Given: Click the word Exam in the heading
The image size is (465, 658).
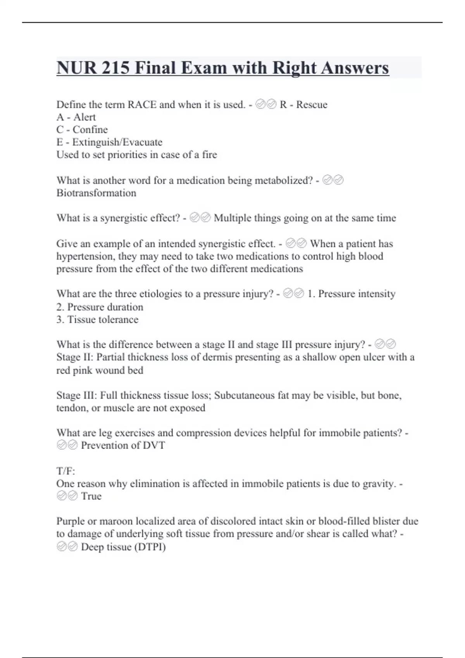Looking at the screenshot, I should (204, 68).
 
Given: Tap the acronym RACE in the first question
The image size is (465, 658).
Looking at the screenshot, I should (142, 105).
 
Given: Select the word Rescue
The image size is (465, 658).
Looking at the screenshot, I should (312, 105).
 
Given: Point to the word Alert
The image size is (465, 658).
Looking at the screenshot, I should (84, 117).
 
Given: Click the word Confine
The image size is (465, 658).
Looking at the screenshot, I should (90, 130).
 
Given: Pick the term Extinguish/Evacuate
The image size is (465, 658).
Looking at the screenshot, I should (117, 142).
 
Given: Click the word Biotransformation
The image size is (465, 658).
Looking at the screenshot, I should (96, 193).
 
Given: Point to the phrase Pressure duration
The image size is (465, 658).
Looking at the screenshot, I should (105, 307).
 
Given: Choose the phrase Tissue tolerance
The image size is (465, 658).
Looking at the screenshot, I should (103, 319).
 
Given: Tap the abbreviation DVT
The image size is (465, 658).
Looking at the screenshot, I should (154, 446).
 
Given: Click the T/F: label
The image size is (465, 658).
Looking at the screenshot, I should (65, 471).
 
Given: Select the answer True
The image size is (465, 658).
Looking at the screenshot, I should (91, 496).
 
